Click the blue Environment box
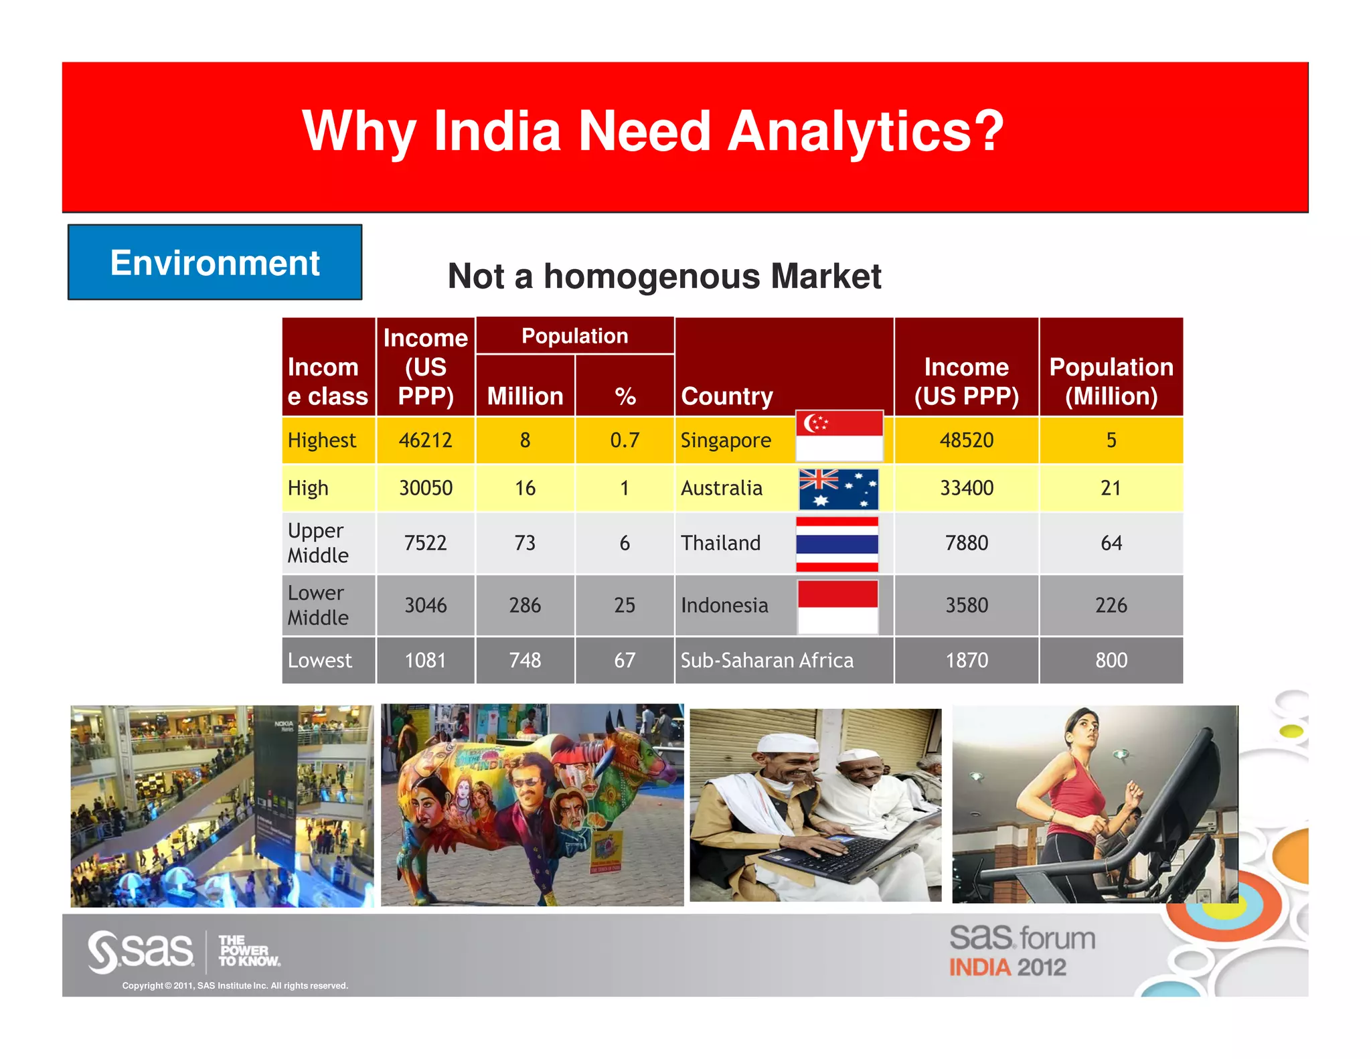pos(214,262)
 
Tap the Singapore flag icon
pos(839,436)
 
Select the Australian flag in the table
pos(838,489)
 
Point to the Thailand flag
pos(837,544)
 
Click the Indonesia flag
pos(837,606)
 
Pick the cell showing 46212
pos(425,440)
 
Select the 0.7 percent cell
pos(624,440)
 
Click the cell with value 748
pos(525,661)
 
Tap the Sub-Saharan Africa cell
pos(767,661)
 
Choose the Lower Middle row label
pos(319,605)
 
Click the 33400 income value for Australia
pos(966,488)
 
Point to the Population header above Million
pos(574,336)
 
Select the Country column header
pos(727,396)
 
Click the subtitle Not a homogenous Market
pos(664,276)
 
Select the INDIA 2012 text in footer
pos(1007,967)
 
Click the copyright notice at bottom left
pos(235,985)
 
